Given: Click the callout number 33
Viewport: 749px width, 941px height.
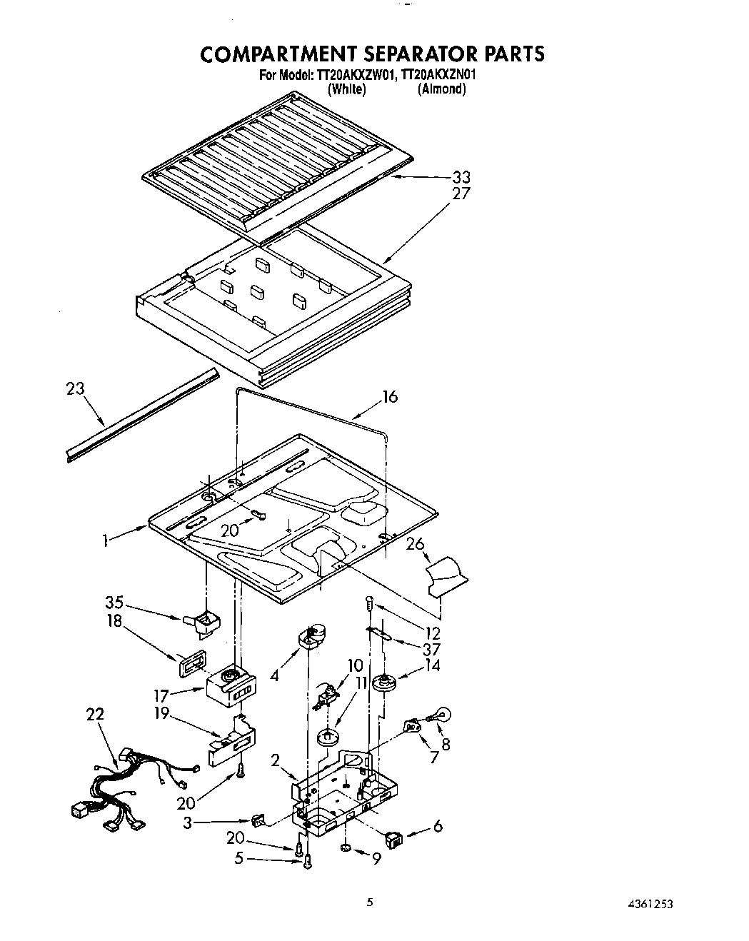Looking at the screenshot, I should pyautogui.click(x=461, y=177).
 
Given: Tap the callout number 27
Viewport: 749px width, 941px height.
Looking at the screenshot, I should pyautogui.click(x=461, y=193).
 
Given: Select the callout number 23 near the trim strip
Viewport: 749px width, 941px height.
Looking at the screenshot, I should pyautogui.click(x=74, y=389).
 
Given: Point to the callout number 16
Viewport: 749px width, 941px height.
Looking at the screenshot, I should pyautogui.click(x=390, y=397).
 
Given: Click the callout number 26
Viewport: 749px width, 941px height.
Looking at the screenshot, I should pyautogui.click(x=415, y=544).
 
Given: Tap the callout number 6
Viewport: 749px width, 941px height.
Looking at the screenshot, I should pyautogui.click(x=438, y=826).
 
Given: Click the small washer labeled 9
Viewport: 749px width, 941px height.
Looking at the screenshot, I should pyautogui.click(x=345, y=848).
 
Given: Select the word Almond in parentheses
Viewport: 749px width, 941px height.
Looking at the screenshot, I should pyautogui.click(x=442, y=89).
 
